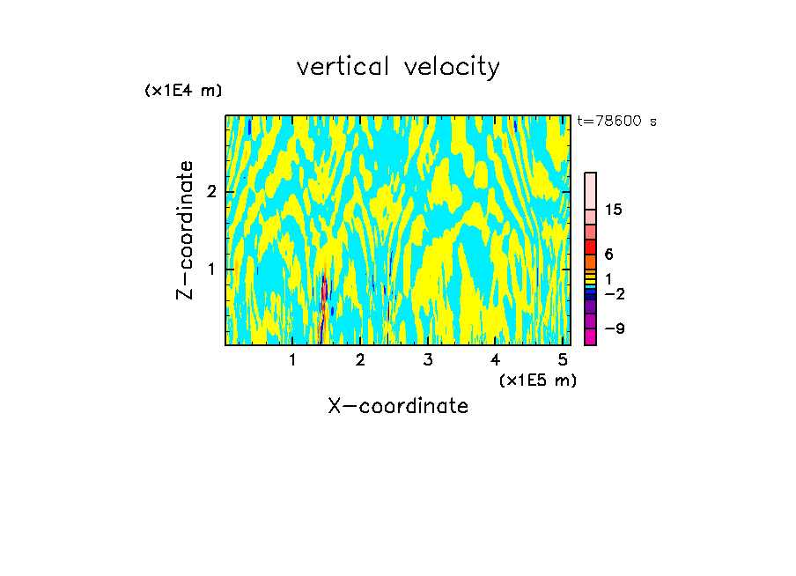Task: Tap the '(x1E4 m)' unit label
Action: click(x=183, y=90)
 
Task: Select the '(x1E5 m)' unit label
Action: click(x=537, y=380)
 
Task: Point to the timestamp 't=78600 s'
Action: click(x=616, y=122)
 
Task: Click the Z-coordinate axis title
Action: click(x=185, y=230)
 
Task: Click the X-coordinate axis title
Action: click(x=398, y=406)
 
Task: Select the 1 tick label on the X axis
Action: click(x=292, y=360)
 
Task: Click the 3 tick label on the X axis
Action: click(x=428, y=360)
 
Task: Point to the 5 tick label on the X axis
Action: click(x=563, y=360)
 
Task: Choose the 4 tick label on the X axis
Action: click(x=495, y=360)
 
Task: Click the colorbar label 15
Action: click(x=614, y=210)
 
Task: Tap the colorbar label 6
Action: click(x=608, y=254)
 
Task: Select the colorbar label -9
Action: click(x=612, y=329)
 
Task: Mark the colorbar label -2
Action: click(x=614, y=293)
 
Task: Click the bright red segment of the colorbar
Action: click(x=590, y=247)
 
